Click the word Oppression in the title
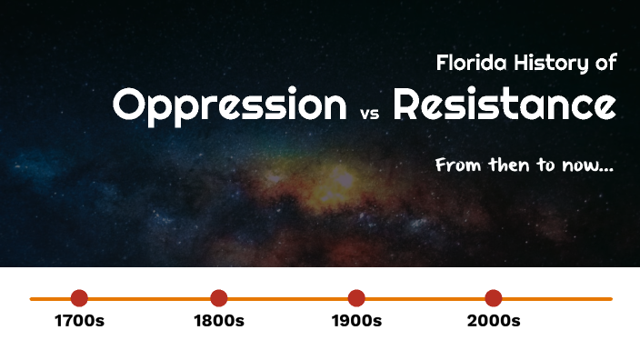pos(230,106)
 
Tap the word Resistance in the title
pos(505,105)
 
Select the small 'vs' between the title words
pos(368,115)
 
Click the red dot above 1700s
pos(79,298)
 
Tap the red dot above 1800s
pos(218,298)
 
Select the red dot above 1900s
pos(356,298)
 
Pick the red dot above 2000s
pos(493,298)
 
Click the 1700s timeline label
pos(79,321)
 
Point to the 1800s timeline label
pos(218,321)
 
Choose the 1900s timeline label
pos(356,321)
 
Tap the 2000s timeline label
pos(493,321)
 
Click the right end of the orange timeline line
pos(610,298)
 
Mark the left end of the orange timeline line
pos(32,298)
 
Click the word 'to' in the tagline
pos(545,167)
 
